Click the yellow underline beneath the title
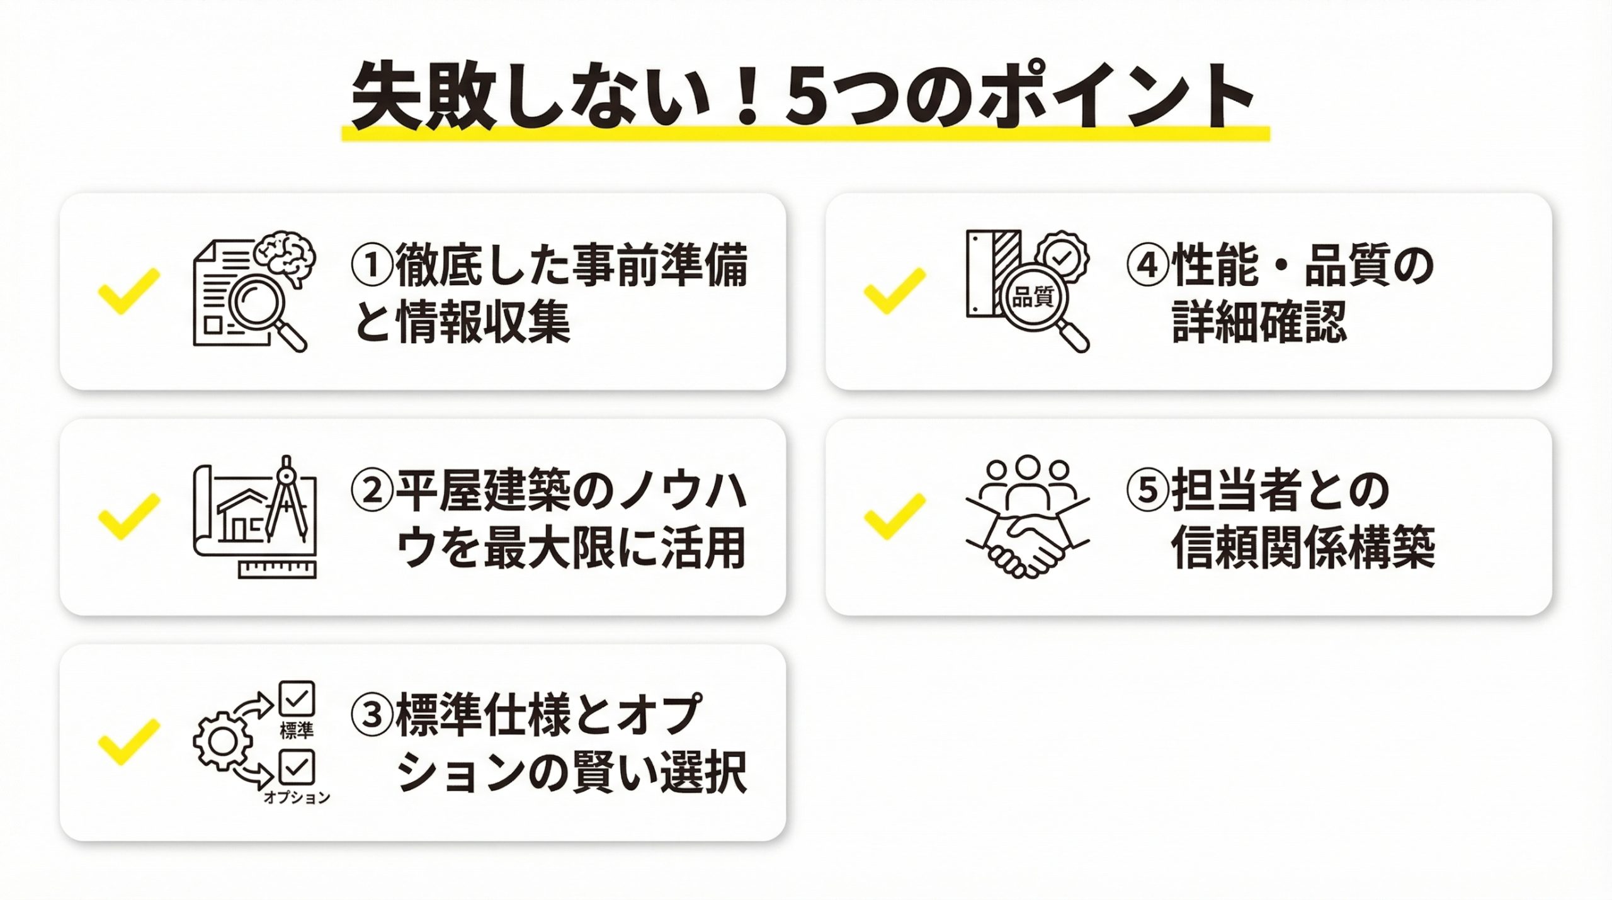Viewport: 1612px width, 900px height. click(x=805, y=134)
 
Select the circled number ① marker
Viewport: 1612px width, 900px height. click(x=373, y=265)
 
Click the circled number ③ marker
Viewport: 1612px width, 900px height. click(x=373, y=715)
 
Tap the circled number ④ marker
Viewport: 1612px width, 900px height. click(x=1148, y=265)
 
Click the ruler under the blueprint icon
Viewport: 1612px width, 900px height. click(x=278, y=568)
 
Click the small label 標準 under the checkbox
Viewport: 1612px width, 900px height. click(x=297, y=731)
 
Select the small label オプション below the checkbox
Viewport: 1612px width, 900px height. click(x=297, y=797)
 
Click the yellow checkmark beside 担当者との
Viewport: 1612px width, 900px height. click(x=895, y=516)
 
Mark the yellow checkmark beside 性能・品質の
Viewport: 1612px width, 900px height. click(x=895, y=291)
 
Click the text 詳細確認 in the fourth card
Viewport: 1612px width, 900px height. click(x=1259, y=322)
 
